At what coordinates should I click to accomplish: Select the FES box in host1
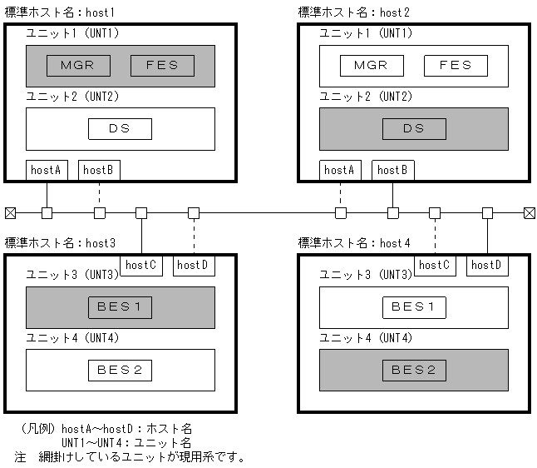tap(162, 66)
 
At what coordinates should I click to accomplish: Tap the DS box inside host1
tap(120, 129)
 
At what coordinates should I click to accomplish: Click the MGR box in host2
tap(371, 66)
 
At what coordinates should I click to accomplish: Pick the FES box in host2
tap(455, 66)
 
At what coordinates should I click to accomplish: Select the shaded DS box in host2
tap(414, 129)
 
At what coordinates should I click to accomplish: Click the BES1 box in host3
tap(120, 306)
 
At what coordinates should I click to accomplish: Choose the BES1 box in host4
tap(414, 306)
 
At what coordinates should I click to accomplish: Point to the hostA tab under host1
tap(47, 170)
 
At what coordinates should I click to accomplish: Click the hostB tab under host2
tap(392, 170)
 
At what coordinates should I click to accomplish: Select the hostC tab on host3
tap(141, 265)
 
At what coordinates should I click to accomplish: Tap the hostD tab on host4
tap(487, 265)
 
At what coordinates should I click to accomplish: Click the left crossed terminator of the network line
tap(10, 212)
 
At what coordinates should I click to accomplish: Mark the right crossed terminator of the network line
tap(529, 212)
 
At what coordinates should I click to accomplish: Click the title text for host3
tap(60, 243)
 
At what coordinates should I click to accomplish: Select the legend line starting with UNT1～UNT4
tap(126, 442)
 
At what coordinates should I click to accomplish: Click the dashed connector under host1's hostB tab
tap(100, 193)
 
